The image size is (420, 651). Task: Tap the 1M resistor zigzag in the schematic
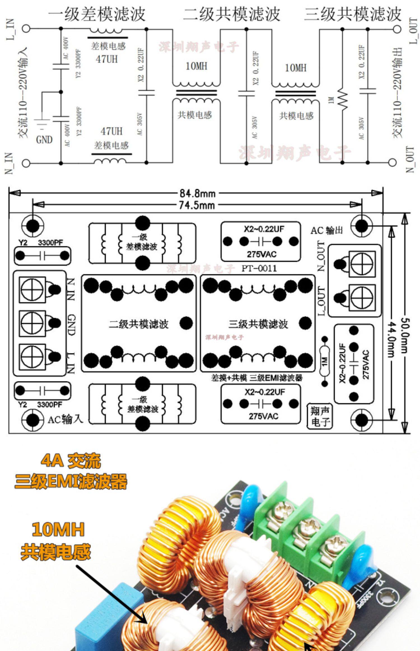[x=343, y=100]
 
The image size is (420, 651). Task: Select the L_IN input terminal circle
[x=26, y=29]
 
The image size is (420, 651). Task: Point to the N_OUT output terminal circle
[x=393, y=162]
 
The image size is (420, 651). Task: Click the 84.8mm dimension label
[x=197, y=193]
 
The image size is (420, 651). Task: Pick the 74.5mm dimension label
[x=197, y=205]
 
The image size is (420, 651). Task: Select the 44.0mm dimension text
[x=391, y=339]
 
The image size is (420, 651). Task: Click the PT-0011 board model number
[x=259, y=268]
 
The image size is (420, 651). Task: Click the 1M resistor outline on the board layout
[x=325, y=362]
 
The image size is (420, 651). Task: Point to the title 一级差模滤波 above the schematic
[x=97, y=14]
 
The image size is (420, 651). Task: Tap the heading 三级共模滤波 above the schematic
[x=353, y=14]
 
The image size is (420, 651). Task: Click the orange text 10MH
[x=58, y=529]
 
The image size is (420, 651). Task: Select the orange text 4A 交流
[x=71, y=460]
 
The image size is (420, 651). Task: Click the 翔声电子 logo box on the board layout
[x=320, y=416]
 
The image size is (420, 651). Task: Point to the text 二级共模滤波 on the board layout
[x=139, y=324]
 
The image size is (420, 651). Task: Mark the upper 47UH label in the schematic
[x=107, y=59]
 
